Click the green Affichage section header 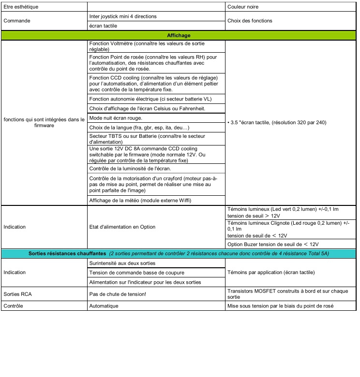179,35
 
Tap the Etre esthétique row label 21,7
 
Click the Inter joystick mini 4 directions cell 123,16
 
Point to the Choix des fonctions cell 249,21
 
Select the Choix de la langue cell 139,128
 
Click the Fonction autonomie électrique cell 150,99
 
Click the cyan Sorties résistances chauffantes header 179,253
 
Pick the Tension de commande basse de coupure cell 134,272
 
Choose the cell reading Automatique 104,306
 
